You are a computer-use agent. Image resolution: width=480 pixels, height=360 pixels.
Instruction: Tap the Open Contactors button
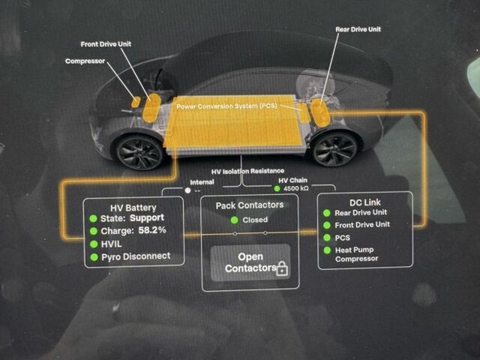pos(250,262)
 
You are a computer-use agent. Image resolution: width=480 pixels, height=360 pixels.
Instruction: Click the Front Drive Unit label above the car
pos(105,44)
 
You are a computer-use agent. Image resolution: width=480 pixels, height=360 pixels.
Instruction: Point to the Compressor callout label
pos(85,61)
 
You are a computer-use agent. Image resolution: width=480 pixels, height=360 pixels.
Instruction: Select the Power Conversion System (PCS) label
pos(226,106)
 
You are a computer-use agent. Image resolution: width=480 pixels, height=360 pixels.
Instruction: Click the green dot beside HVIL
pos(94,244)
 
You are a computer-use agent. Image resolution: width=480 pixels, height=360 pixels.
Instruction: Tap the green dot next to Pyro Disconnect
pos(94,256)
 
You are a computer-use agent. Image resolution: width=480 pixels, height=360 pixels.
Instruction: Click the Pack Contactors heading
pos(250,205)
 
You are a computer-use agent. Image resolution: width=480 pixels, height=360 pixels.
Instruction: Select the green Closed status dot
pos(235,220)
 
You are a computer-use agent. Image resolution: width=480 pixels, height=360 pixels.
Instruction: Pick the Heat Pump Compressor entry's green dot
pos(327,250)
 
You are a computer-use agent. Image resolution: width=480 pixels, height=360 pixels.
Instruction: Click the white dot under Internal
pos(187,190)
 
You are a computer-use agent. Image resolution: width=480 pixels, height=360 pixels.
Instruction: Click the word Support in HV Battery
pos(147,217)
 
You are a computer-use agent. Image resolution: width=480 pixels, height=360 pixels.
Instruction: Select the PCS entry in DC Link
pos(342,237)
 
